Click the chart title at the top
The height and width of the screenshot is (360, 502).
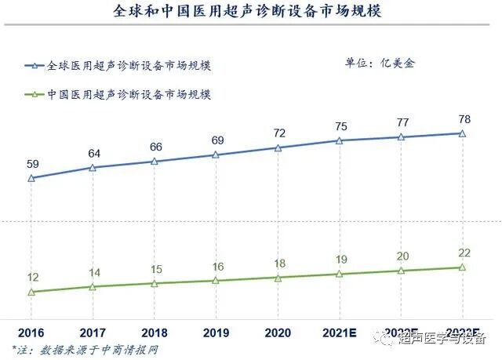[250, 13]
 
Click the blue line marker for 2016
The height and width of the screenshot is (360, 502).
[32, 178]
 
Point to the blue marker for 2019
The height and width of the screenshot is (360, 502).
[216, 155]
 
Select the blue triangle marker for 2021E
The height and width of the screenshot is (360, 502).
[339, 140]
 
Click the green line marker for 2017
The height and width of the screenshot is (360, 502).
[93, 287]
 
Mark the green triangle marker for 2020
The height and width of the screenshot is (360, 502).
[278, 278]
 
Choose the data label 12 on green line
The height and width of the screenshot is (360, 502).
[32, 278]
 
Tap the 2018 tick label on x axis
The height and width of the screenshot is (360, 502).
[155, 331]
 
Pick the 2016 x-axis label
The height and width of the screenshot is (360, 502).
[32, 331]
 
